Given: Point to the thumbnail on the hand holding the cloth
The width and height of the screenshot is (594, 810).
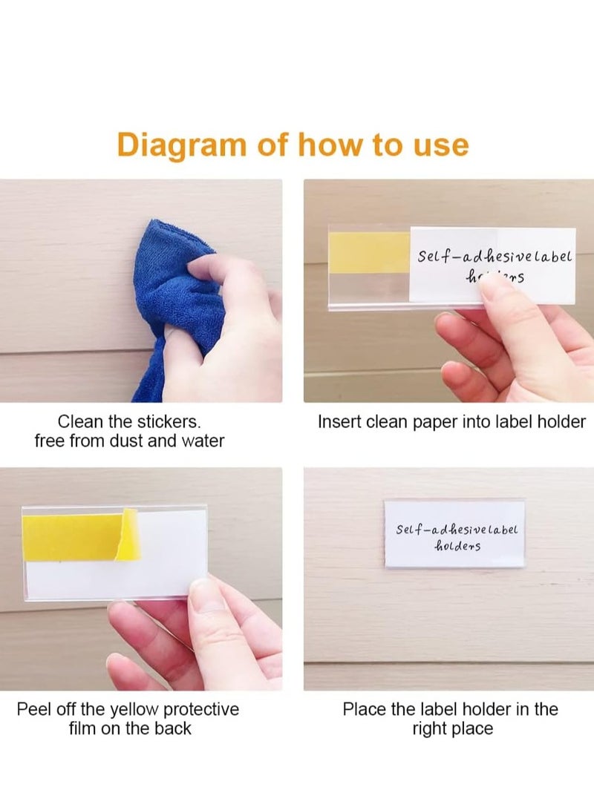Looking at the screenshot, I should (199, 266).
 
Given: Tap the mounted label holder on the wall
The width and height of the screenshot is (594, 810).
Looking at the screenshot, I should (454, 534).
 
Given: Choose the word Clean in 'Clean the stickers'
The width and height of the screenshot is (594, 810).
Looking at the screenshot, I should (82, 422).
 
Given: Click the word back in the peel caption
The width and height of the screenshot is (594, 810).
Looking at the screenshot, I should (172, 728).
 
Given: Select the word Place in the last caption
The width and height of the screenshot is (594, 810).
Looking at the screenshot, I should (364, 710).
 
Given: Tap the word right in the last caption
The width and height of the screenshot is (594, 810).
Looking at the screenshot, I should (432, 728).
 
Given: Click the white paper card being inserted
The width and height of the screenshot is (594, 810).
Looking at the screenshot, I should (492, 266).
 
